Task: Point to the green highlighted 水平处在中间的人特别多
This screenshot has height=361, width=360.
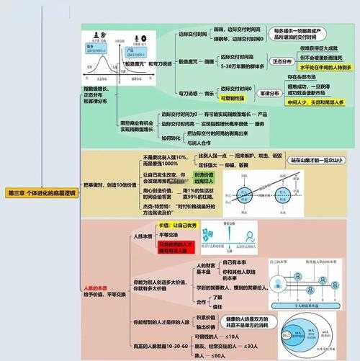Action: (323, 67)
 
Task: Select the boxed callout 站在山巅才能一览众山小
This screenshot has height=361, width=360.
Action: (315, 160)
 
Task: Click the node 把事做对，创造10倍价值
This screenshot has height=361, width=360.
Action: (109, 184)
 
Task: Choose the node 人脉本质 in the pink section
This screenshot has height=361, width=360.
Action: (141, 236)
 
